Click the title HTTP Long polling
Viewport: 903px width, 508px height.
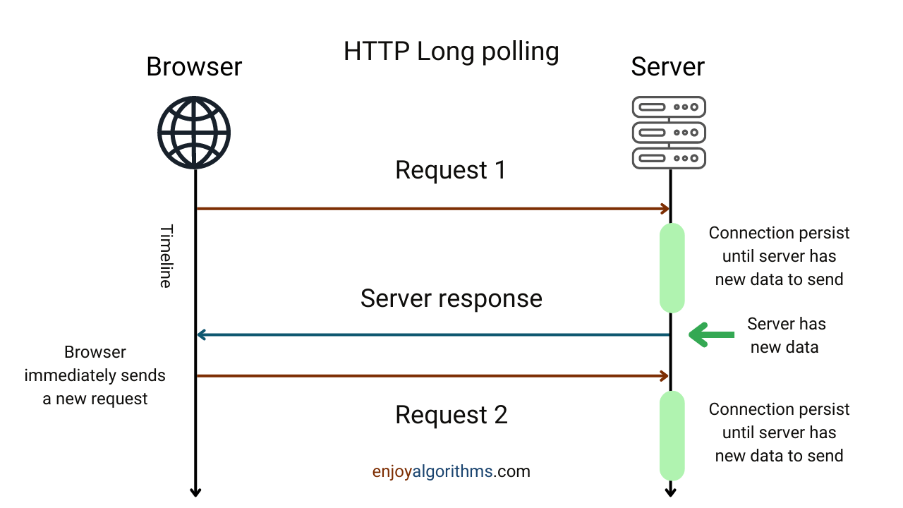(451, 52)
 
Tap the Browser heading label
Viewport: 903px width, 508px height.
(194, 67)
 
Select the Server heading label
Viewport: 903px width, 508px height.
(667, 67)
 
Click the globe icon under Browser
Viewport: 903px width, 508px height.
(194, 133)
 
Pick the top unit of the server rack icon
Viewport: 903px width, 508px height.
(669, 107)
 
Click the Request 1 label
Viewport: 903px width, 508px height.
(451, 171)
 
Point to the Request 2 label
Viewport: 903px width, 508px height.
(451, 415)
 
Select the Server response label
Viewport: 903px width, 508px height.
(451, 298)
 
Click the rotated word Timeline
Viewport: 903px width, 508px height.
(166, 256)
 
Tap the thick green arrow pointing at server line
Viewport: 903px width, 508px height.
(711, 334)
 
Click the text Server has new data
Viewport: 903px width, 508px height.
(786, 335)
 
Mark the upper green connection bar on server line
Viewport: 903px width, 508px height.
(672, 268)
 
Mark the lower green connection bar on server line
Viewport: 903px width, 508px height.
(672, 435)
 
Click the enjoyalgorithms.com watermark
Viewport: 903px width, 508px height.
(451, 471)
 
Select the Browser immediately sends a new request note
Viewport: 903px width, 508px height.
(95, 375)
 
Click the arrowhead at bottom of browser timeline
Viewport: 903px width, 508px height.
(195, 491)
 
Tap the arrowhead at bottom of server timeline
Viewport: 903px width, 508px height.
(671, 491)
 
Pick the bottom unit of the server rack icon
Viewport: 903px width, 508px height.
(669, 158)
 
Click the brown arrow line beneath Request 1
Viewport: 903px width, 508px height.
(432, 209)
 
